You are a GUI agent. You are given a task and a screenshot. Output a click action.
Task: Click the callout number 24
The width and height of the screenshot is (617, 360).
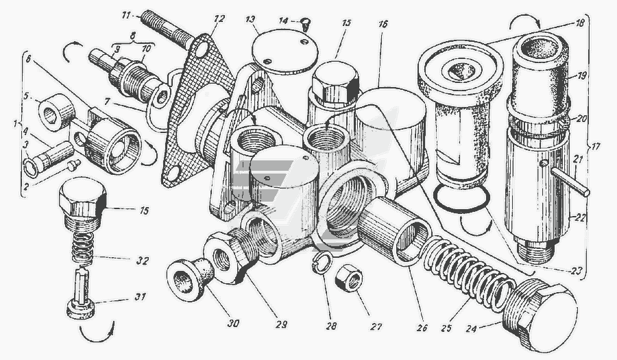click(472, 328)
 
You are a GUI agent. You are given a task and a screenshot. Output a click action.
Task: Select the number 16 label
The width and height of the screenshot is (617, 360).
click(383, 25)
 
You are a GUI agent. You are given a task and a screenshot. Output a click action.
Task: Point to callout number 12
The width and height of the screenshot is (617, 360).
click(219, 19)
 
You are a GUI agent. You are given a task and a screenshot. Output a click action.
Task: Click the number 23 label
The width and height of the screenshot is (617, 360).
click(576, 272)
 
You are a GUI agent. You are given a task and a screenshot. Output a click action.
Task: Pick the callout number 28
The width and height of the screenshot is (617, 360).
click(331, 326)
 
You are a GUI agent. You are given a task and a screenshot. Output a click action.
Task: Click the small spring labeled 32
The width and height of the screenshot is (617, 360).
click(83, 248)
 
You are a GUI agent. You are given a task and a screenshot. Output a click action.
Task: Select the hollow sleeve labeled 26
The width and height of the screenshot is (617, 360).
click(394, 229)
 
